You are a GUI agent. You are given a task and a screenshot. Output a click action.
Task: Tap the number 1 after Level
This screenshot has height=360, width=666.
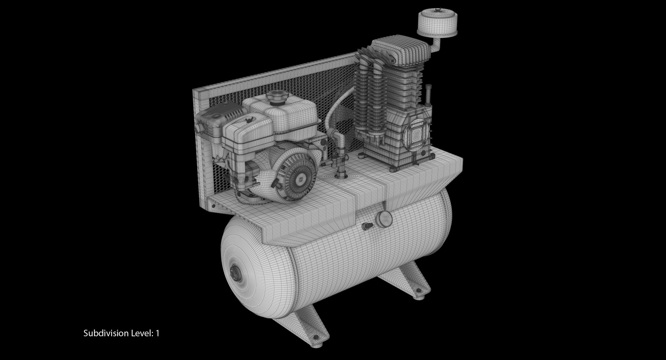157,333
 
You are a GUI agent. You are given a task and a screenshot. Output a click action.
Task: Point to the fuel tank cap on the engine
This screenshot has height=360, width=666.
276,97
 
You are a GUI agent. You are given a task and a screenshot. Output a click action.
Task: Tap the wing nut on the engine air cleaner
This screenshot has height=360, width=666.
248,120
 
